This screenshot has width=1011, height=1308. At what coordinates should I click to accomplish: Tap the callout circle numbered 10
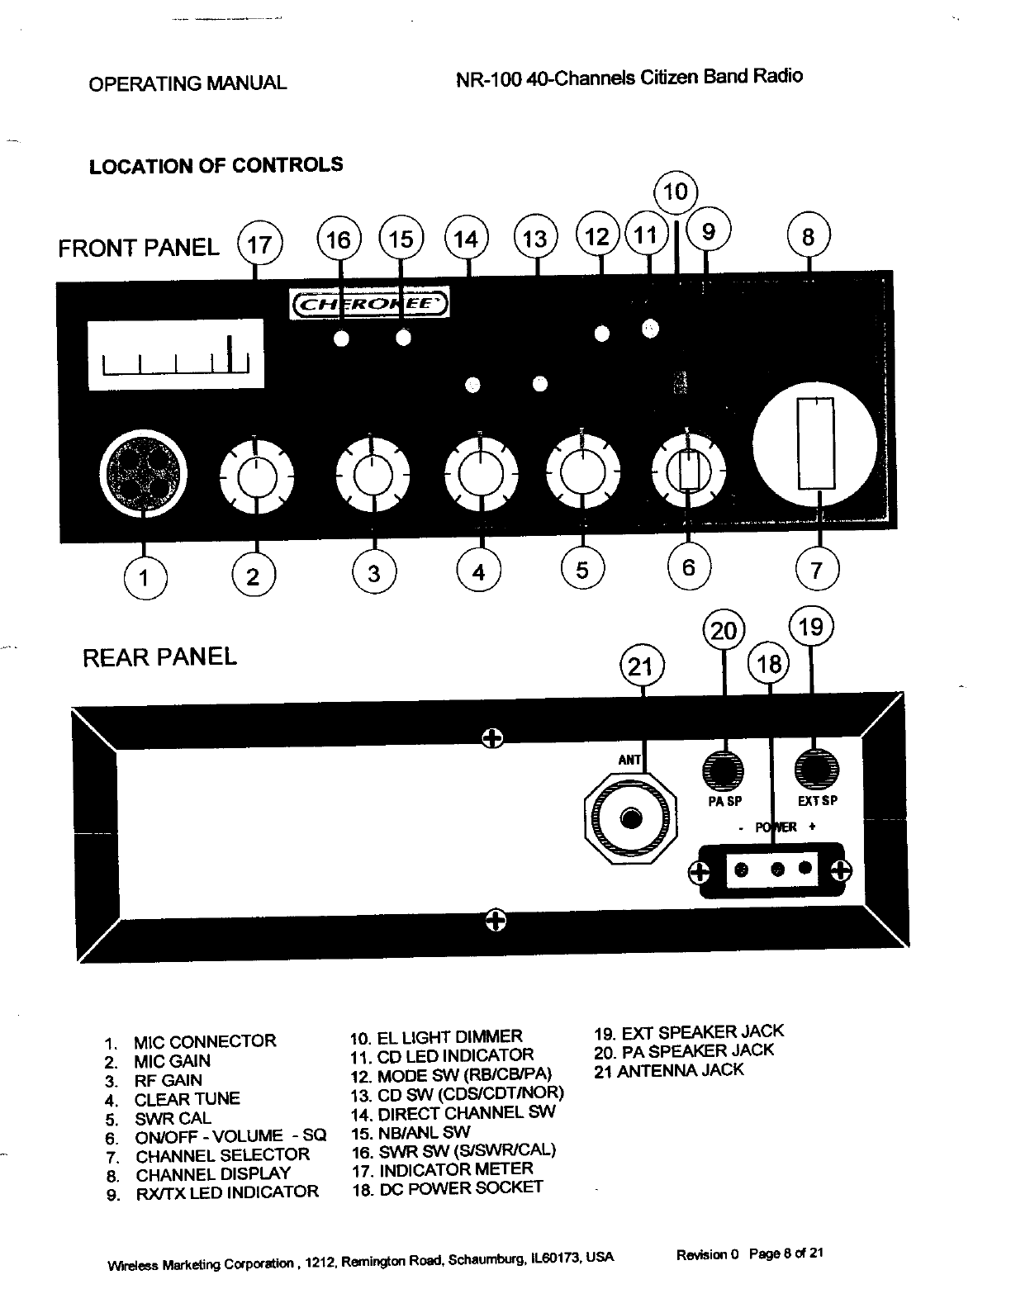point(676,192)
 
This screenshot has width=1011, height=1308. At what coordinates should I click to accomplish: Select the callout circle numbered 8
point(809,238)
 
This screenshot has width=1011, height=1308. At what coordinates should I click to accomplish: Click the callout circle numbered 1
point(145,576)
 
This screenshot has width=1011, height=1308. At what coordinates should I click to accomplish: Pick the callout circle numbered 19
point(812,629)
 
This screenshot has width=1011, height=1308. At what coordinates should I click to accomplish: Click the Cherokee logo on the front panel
point(368,304)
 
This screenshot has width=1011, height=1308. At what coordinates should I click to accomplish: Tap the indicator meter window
point(175,353)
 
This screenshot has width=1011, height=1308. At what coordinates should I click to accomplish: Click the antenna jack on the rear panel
point(631,818)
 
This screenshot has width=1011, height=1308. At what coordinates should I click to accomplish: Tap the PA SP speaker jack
point(724,770)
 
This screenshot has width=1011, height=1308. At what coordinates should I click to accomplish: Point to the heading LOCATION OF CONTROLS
point(216,165)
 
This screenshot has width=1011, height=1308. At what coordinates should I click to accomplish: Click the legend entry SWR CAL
point(173,1119)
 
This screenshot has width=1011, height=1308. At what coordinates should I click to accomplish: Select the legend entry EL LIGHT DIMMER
point(449,1036)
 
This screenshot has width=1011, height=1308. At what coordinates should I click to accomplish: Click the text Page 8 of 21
point(786,1253)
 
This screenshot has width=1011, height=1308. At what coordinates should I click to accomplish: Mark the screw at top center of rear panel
point(491,737)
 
